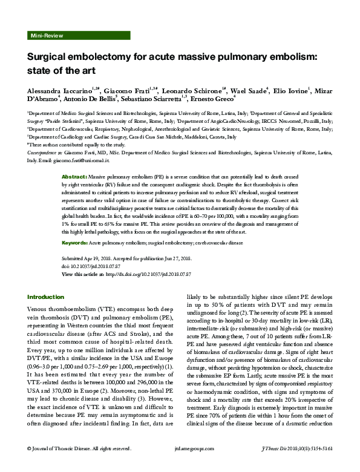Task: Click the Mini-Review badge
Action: (46, 36)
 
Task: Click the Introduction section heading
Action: (46, 297)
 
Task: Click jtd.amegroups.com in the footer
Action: (179, 466)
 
